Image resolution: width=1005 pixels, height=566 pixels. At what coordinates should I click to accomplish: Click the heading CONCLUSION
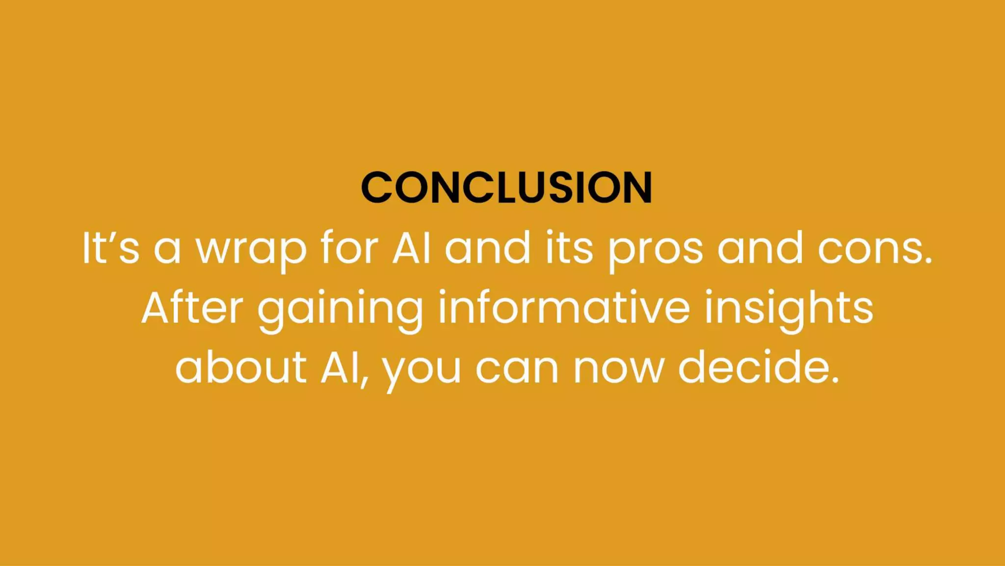(506, 187)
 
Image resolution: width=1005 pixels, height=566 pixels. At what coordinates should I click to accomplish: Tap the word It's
(111, 248)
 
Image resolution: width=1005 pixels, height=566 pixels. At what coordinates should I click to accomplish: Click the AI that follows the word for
(411, 248)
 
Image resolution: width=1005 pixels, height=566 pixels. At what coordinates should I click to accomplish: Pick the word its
(569, 248)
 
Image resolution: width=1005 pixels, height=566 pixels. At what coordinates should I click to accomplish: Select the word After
(192, 308)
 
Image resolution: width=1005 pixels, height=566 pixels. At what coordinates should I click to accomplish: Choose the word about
(241, 367)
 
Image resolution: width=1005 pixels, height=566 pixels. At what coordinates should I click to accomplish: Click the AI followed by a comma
(343, 368)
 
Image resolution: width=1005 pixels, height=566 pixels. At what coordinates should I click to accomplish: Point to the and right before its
(488, 248)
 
